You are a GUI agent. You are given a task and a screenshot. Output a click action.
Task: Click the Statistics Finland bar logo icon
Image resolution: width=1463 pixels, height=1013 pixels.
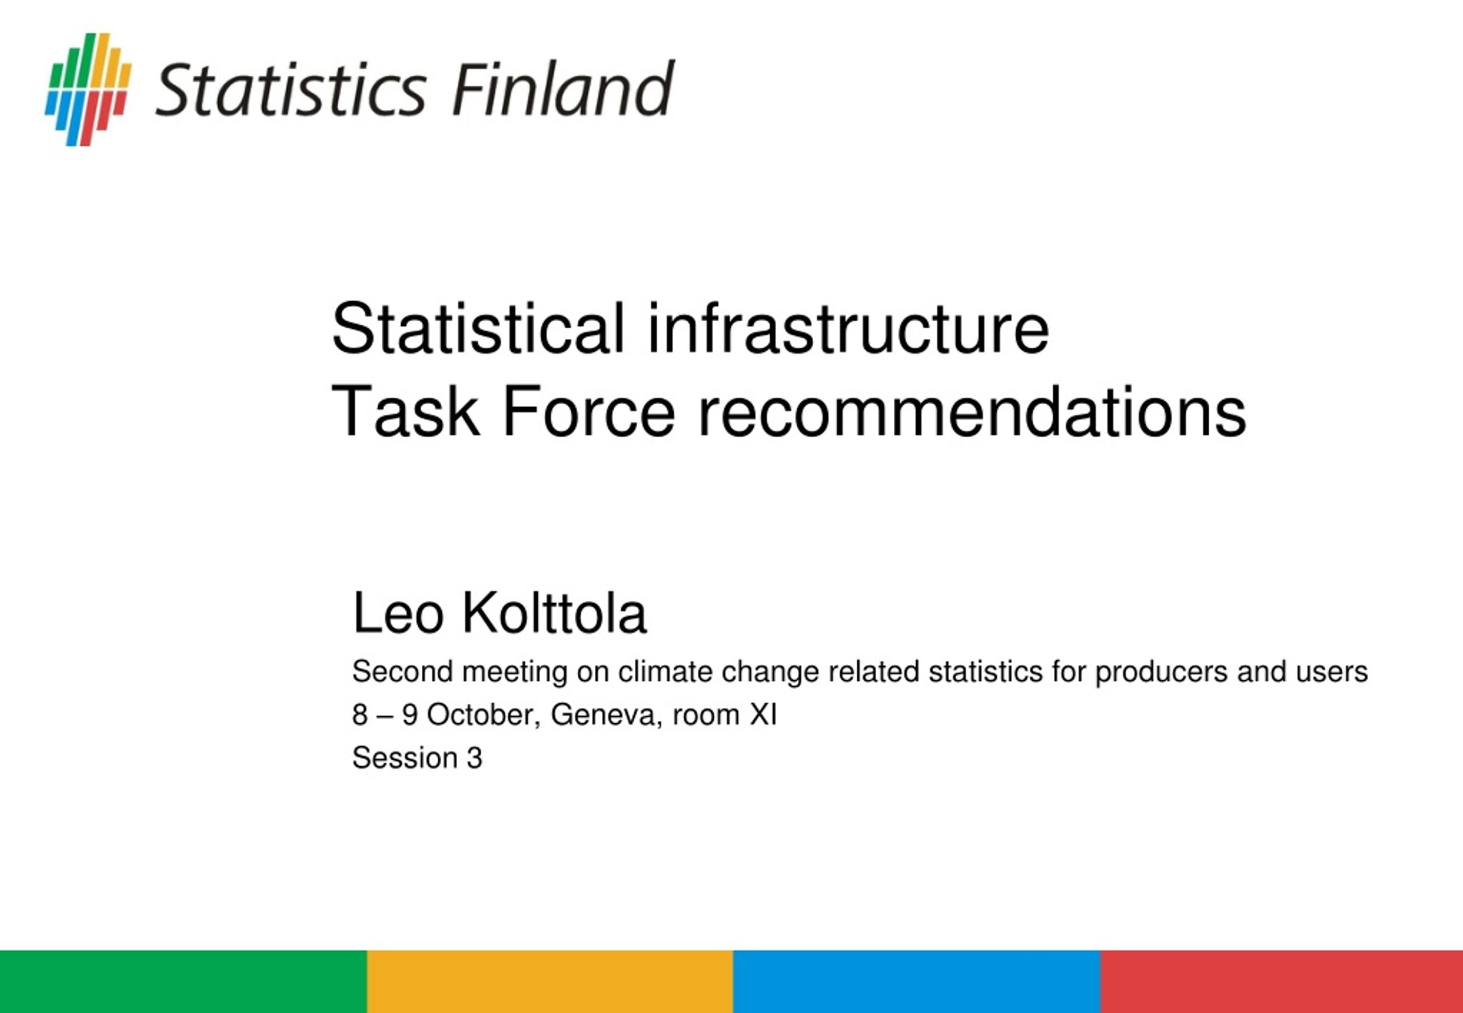click(88, 90)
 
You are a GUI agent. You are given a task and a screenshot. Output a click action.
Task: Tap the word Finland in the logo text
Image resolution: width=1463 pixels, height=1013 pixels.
click(563, 89)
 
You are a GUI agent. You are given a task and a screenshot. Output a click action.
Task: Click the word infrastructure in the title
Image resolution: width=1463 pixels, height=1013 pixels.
click(848, 328)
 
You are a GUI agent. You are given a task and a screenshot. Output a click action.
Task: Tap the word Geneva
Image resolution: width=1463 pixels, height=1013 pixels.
click(606, 715)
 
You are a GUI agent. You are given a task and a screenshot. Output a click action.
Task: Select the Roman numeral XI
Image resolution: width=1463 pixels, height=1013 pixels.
click(764, 715)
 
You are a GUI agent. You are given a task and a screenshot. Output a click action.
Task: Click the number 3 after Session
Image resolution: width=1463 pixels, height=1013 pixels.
click(474, 758)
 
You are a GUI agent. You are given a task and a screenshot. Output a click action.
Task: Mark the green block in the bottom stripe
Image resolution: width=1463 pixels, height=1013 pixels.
click(183, 981)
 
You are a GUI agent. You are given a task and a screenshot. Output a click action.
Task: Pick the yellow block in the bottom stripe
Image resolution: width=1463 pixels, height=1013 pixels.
click(550, 981)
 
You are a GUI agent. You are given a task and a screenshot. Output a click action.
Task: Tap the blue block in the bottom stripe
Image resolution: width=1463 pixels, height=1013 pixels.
click(917, 981)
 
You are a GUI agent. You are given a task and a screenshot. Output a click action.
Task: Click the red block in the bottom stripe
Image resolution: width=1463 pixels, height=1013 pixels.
click(1281, 981)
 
